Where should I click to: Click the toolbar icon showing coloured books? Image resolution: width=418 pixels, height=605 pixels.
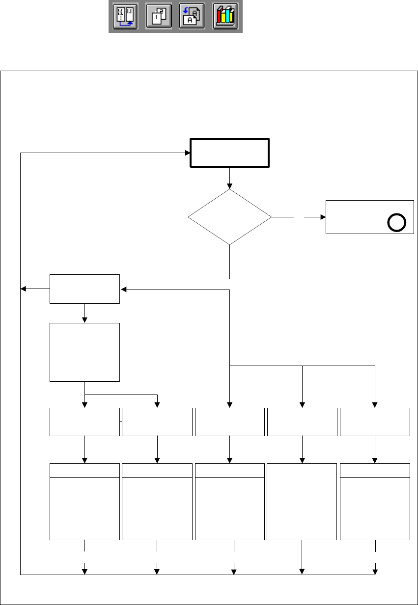tap(225, 17)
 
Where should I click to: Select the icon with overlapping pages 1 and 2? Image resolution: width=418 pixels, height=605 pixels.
tap(159, 17)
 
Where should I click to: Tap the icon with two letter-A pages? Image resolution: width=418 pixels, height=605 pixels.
tap(192, 17)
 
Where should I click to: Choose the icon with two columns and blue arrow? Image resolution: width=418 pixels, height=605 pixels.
tap(125, 17)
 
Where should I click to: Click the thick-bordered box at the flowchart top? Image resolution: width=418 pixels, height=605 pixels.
tap(229, 153)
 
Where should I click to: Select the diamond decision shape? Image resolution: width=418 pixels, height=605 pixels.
tap(229, 216)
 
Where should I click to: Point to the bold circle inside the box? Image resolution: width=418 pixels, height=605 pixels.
tap(396, 223)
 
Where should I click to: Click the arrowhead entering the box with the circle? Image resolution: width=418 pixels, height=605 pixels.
tap(322, 216)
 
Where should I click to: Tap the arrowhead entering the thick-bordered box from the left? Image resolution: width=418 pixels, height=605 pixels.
tap(187, 153)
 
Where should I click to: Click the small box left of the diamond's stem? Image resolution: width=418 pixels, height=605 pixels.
tap(84, 289)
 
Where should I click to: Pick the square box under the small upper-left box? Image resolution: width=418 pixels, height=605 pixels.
tap(84, 352)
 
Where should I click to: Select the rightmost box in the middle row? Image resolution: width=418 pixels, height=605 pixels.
tap(375, 421)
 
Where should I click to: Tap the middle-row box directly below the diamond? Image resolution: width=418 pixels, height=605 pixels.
tap(229, 421)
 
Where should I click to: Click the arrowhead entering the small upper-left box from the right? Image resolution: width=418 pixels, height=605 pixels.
tap(123, 289)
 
